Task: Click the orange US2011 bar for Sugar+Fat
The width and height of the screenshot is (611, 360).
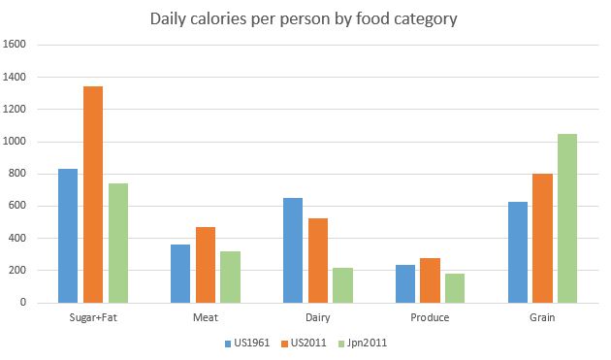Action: tap(93, 194)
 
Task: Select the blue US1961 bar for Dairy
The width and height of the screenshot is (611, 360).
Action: tap(293, 250)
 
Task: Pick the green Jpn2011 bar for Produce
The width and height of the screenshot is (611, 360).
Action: tap(455, 288)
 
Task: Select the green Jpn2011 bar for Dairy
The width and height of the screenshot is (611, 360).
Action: tap(342, 285)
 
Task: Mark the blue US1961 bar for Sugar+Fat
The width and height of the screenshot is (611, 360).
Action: tap(68, 236)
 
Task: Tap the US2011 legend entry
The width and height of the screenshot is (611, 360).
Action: tap(305, 343)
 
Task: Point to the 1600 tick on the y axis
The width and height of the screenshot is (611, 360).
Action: tap(17, 45)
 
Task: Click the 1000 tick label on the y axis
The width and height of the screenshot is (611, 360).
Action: tap(17, 142)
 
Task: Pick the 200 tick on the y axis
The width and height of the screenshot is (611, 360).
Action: tap(21, 271)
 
